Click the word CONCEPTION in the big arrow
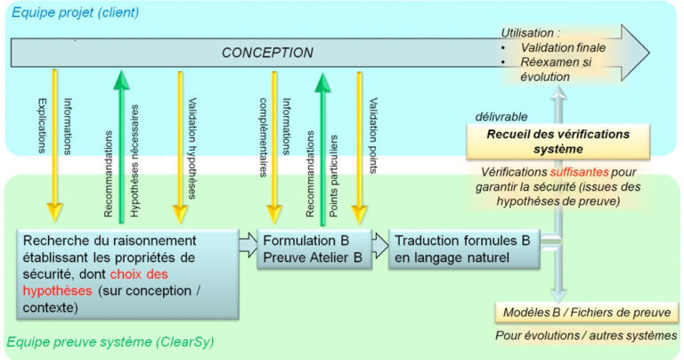click(x=268, y=53)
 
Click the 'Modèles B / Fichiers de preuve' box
click(x=587, y=311)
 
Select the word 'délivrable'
click(x=501, y=116)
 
